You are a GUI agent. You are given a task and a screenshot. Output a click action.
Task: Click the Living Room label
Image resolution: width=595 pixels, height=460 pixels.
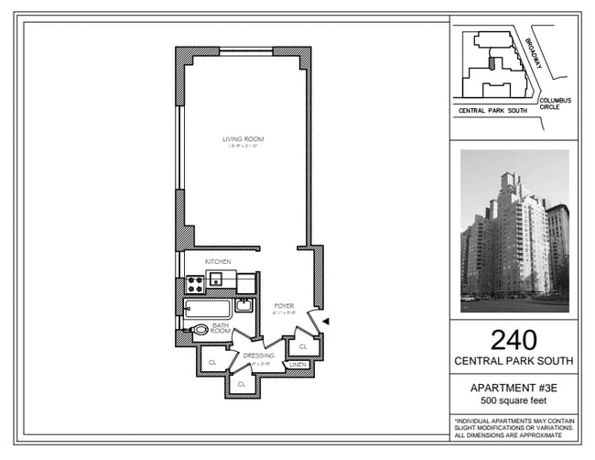pyautogui.click(x=243, y=139)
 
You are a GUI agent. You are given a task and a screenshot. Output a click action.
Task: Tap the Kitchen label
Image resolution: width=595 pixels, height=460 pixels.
pyautogui.click(x=218, y=262)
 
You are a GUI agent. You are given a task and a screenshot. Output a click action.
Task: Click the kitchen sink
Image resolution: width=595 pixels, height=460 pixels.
pyautogui.click(x=217, y=279)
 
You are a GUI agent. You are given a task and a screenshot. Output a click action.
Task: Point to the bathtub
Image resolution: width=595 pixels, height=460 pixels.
pyautogui.click(x=208, y=308)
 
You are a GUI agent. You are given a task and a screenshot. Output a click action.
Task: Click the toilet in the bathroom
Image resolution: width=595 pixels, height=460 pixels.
pyautogui.click(x=199, y=330)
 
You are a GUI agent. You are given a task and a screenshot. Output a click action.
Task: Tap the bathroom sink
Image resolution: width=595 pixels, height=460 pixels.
pyautogui.click(x=243, y=305)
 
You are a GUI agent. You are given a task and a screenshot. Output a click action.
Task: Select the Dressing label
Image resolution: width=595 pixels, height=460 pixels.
pyautogui.click(x=259, y=355)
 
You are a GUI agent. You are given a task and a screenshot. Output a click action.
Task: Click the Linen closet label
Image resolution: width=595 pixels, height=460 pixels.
pyautogui.click(x=297, y=364)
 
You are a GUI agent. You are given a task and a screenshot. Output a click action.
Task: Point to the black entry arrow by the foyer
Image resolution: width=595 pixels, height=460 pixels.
pyautogui.click(x=325, y=320)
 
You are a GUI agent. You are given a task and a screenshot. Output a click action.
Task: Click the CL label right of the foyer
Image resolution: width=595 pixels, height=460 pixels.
pyautogui.click(x=302, y=346)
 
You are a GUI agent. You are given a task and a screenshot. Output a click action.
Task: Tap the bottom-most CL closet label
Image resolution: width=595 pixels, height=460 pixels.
pyautogui.click(x=242, y=384)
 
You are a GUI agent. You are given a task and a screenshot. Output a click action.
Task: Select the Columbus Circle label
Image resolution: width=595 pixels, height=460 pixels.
pyautogui.click(x=555, y=103)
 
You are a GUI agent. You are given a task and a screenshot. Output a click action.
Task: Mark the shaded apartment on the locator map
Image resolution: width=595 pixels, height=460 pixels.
pyautogui.click(x=492, y=64)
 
